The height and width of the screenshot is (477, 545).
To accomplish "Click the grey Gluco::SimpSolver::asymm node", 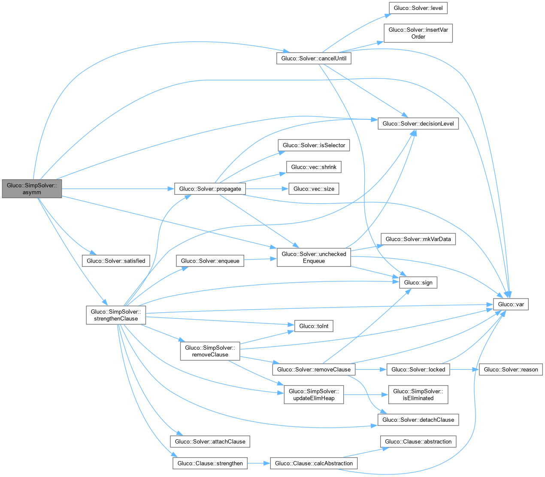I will coord(32,189).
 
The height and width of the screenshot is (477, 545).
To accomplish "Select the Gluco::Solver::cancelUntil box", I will coord(314,58).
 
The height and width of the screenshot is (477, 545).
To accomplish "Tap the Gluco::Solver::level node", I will coord(418,8).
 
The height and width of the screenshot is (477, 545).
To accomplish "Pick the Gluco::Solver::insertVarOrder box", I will coord(418,33).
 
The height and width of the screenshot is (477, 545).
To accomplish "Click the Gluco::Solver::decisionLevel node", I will coord(418,124).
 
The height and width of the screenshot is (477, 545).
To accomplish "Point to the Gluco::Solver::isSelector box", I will coord(314,145).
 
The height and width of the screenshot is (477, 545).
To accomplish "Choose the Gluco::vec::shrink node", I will coord(314,167).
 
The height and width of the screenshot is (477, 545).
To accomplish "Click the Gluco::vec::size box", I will coord(314,189).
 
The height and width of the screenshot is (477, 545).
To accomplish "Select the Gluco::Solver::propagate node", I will coord(210,189).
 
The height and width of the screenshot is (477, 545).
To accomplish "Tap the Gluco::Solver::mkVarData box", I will coord(418,239).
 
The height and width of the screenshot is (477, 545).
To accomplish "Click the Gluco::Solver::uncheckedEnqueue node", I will coord(314,257).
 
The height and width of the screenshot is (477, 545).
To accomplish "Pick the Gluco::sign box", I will coord(418,282).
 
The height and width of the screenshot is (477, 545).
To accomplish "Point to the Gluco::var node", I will coord(511,304).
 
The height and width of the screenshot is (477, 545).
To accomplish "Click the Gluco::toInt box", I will coord(314,326).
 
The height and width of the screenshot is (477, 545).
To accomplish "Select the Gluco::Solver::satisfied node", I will coord(116,261).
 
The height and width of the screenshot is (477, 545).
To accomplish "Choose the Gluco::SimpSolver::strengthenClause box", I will coord(116,315).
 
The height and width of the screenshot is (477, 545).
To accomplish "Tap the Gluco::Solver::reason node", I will coord(511,369).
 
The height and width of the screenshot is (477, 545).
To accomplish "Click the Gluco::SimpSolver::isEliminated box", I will coord(418,395).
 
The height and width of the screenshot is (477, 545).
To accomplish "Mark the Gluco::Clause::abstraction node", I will coord(418,441).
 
